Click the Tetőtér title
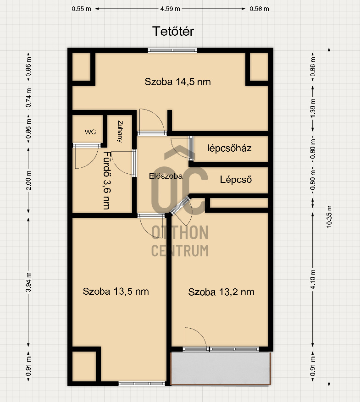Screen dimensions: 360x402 [x=173, y=31]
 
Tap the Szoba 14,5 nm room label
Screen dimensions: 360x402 [x=177, y=82]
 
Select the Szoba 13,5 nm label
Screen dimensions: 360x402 [x=116, y=292]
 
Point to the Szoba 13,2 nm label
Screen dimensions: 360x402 [x=222, y=292]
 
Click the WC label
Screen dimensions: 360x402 [x=90, y=132]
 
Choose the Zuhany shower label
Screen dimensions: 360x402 [x=120, y=131]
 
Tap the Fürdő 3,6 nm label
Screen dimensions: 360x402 [x=107, y=181]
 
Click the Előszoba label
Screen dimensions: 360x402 [x=166, y=176]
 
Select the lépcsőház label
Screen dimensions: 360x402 [x=229, y=148]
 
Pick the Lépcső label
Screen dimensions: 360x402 [x=236, y=180]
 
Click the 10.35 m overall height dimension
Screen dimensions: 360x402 [x=329, y=217]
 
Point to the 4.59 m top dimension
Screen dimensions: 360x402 [x=170, y=9]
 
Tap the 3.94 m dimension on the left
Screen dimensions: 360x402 [x=28, y=282]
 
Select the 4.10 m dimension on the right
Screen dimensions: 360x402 [x=313, y=280]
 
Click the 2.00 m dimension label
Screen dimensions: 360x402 [x=28, y=181]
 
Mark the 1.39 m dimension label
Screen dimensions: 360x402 [x=313, y=108]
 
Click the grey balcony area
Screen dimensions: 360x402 [x=221, y=369]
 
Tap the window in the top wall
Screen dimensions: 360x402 [x=172, y=50]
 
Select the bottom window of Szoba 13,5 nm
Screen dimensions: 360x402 [x=142, y=384]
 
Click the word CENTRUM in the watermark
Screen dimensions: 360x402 [x=180, y=251]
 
